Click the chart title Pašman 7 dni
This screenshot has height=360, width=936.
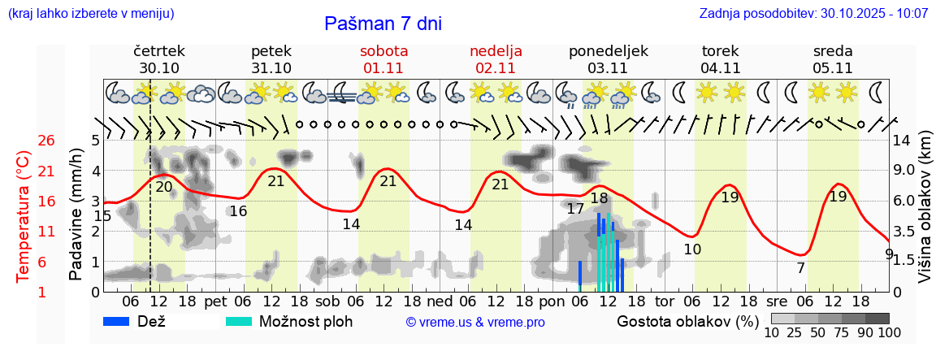click(x=383, y=24)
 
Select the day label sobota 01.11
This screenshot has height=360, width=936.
click(x=383, y=59)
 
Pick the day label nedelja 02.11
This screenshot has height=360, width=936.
click(x=496, y=59)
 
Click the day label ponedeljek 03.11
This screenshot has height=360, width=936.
click(x=609, y=59)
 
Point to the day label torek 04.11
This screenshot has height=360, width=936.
click(x=721, y=59)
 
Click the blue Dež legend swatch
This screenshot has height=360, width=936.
click(x=122, y=321)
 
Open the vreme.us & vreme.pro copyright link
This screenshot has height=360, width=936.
click(x=475, y=323)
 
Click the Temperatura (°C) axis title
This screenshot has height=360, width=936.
click(x=24, y=215)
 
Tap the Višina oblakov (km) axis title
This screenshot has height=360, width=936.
click(x=925, y=215)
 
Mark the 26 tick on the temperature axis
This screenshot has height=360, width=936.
click(x=24, y=141)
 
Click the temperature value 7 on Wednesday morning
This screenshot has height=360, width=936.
click(x=800, y=267)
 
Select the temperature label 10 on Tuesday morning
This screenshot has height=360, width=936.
click(x=692, y=249)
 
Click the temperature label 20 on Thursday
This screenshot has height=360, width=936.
click(x=164, y=187)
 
